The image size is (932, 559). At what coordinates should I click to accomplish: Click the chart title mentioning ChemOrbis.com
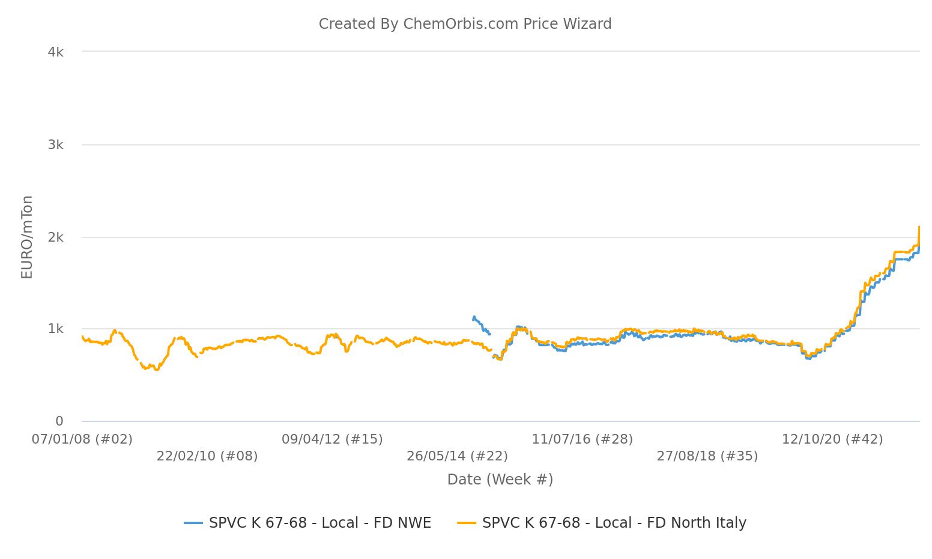[465, 24]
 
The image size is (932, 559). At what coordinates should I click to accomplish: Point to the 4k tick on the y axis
[55, 52]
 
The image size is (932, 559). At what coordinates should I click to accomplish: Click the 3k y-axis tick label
[55, 145]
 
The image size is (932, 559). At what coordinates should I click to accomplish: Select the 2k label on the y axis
[55, 237]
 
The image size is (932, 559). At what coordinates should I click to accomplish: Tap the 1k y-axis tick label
[55, 329]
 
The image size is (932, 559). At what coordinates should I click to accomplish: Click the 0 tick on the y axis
[59, 421]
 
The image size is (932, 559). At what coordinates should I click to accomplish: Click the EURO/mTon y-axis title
[27, 237]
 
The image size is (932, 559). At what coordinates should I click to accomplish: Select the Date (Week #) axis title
[500, 480]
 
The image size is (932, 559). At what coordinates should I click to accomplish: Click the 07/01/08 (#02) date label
[82, 439]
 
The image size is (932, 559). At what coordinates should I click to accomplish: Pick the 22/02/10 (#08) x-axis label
[207, 456]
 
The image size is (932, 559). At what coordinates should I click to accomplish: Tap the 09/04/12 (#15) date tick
[332, 439]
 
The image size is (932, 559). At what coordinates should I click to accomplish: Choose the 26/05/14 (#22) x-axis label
[457, 456]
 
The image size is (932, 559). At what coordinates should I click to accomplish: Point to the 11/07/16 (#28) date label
[582, 439]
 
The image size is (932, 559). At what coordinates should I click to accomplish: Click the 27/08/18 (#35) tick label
[707, 456]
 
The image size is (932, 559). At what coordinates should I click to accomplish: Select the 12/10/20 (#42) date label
[832, 439]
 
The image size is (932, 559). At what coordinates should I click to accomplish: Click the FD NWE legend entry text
[320, 523]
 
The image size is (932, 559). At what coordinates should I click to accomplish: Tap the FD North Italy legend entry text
[614, 523]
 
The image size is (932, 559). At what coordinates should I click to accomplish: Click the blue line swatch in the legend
[193, 523]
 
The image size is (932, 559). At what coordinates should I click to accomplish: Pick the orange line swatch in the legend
[467, 523]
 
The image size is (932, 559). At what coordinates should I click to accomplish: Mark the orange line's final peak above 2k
[919, 227]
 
